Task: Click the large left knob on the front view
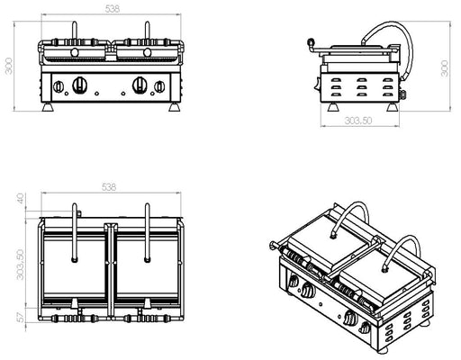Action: coord(78,87)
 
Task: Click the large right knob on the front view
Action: coord(140,86)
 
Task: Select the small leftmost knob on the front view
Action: coord(58,88)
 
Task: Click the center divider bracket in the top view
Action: coord(111,270)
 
